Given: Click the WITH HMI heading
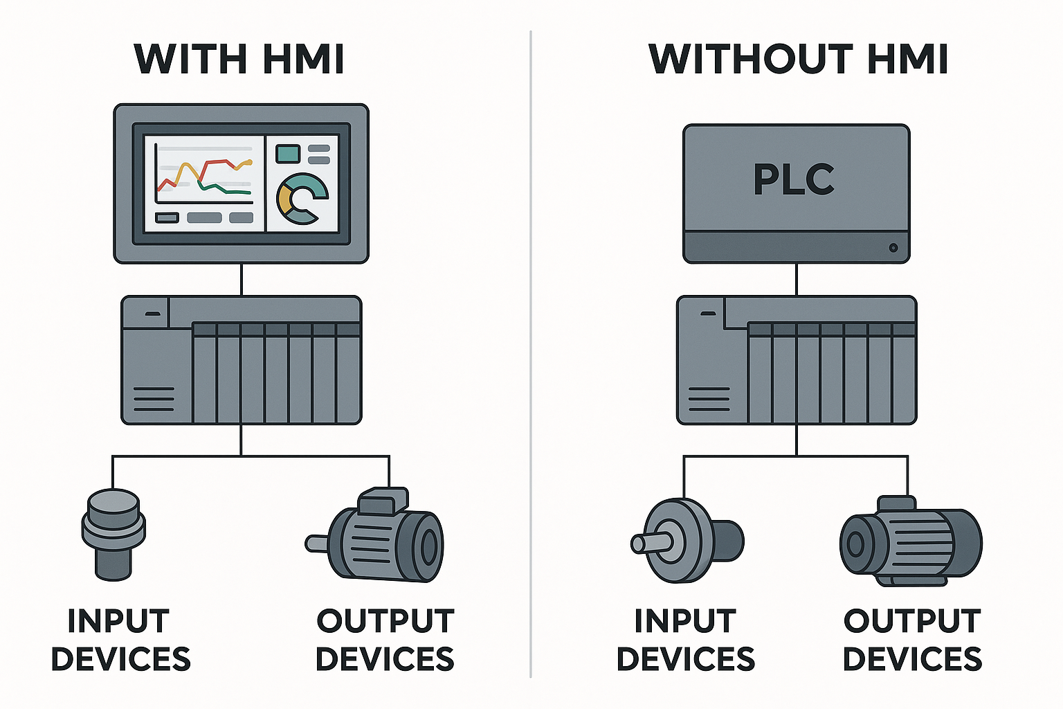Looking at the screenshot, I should click(x=239, y=59).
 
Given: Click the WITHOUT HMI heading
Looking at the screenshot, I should click(x=797, y=59).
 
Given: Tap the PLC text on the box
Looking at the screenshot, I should click(x=794, y=179).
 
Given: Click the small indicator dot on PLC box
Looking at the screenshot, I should click(x=893, y=247).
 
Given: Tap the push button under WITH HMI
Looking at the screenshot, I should click(x=113, y=533).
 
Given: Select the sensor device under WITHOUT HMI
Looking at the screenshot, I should click(x=685, y=541).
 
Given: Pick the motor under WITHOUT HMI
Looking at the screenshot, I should click(x=910, y=541).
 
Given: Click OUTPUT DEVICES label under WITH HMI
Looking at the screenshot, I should click(x=385, y=640).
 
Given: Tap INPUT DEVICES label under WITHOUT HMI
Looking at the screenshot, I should click(x=685, y=640).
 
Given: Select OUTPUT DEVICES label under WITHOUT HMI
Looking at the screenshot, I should click(x=912, y=640).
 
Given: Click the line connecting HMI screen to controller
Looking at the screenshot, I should click(x=241, y=280).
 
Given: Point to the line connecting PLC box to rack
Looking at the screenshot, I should click(x=797, y=280).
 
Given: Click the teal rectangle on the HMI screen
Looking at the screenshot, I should click(x=288, y=153).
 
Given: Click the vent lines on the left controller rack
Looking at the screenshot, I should click(x=154, y=399).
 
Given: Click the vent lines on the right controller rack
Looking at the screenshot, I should click(x=709, y=399).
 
